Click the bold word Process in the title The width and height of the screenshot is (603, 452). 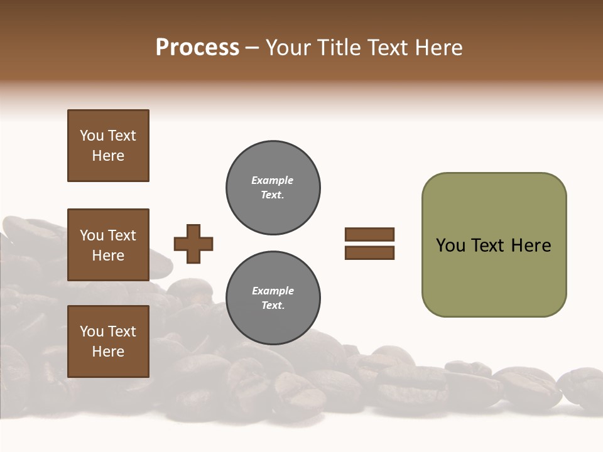click(197, 48)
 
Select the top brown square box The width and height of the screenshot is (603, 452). click(108, 146)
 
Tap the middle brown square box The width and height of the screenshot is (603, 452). click(108, 245)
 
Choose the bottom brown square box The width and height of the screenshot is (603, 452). click(108, 342)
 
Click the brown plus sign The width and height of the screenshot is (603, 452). click(193, 244)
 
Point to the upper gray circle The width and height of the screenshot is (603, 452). click(273, 188)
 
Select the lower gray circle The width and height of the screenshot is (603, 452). click(273, 298)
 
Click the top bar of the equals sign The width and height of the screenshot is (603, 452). click(369, 235)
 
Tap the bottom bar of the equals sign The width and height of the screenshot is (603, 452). click(369, 253)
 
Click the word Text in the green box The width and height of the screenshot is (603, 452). click(489, 245)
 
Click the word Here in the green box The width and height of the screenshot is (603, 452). click(531, 245)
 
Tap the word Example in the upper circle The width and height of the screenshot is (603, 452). click(272, 180)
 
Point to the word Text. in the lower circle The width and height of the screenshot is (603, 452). click(273, 306)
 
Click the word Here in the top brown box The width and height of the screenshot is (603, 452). click(108, 156)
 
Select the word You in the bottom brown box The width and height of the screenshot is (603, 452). click(92, 331)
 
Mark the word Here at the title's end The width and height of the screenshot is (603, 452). click(438, 48)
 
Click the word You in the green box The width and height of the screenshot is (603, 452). click(450, 245)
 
